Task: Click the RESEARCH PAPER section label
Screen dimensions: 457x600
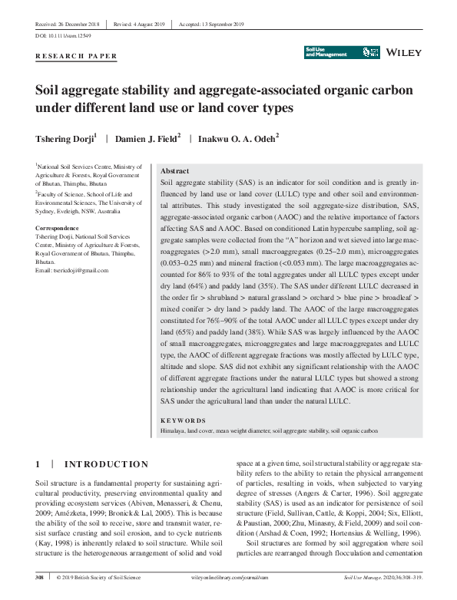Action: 76,56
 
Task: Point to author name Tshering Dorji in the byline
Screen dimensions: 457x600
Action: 65,138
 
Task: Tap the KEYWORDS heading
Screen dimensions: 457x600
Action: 183,420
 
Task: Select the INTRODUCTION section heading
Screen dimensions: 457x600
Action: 106,464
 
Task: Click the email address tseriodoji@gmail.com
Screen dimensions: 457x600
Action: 72,271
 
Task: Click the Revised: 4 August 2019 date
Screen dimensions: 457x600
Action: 139,25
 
